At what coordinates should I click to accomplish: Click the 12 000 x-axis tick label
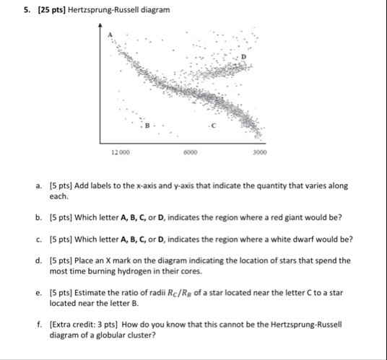point(121,153)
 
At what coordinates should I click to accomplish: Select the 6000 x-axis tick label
point(190,153)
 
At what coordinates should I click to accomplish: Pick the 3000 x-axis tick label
point(261,153)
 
